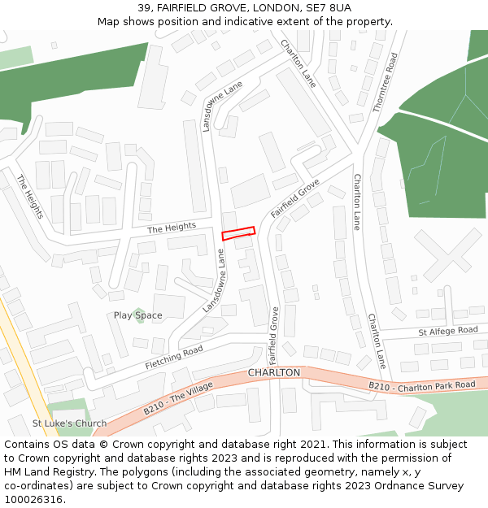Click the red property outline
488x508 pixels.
238,233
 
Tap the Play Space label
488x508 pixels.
137,315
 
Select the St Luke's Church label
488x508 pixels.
69,423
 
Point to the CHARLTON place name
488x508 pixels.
274,372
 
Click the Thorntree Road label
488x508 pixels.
385,83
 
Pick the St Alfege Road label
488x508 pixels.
448,331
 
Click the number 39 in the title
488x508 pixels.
145,7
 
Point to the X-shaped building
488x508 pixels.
447,254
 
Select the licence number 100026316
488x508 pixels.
33,500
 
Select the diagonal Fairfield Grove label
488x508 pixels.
295,198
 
